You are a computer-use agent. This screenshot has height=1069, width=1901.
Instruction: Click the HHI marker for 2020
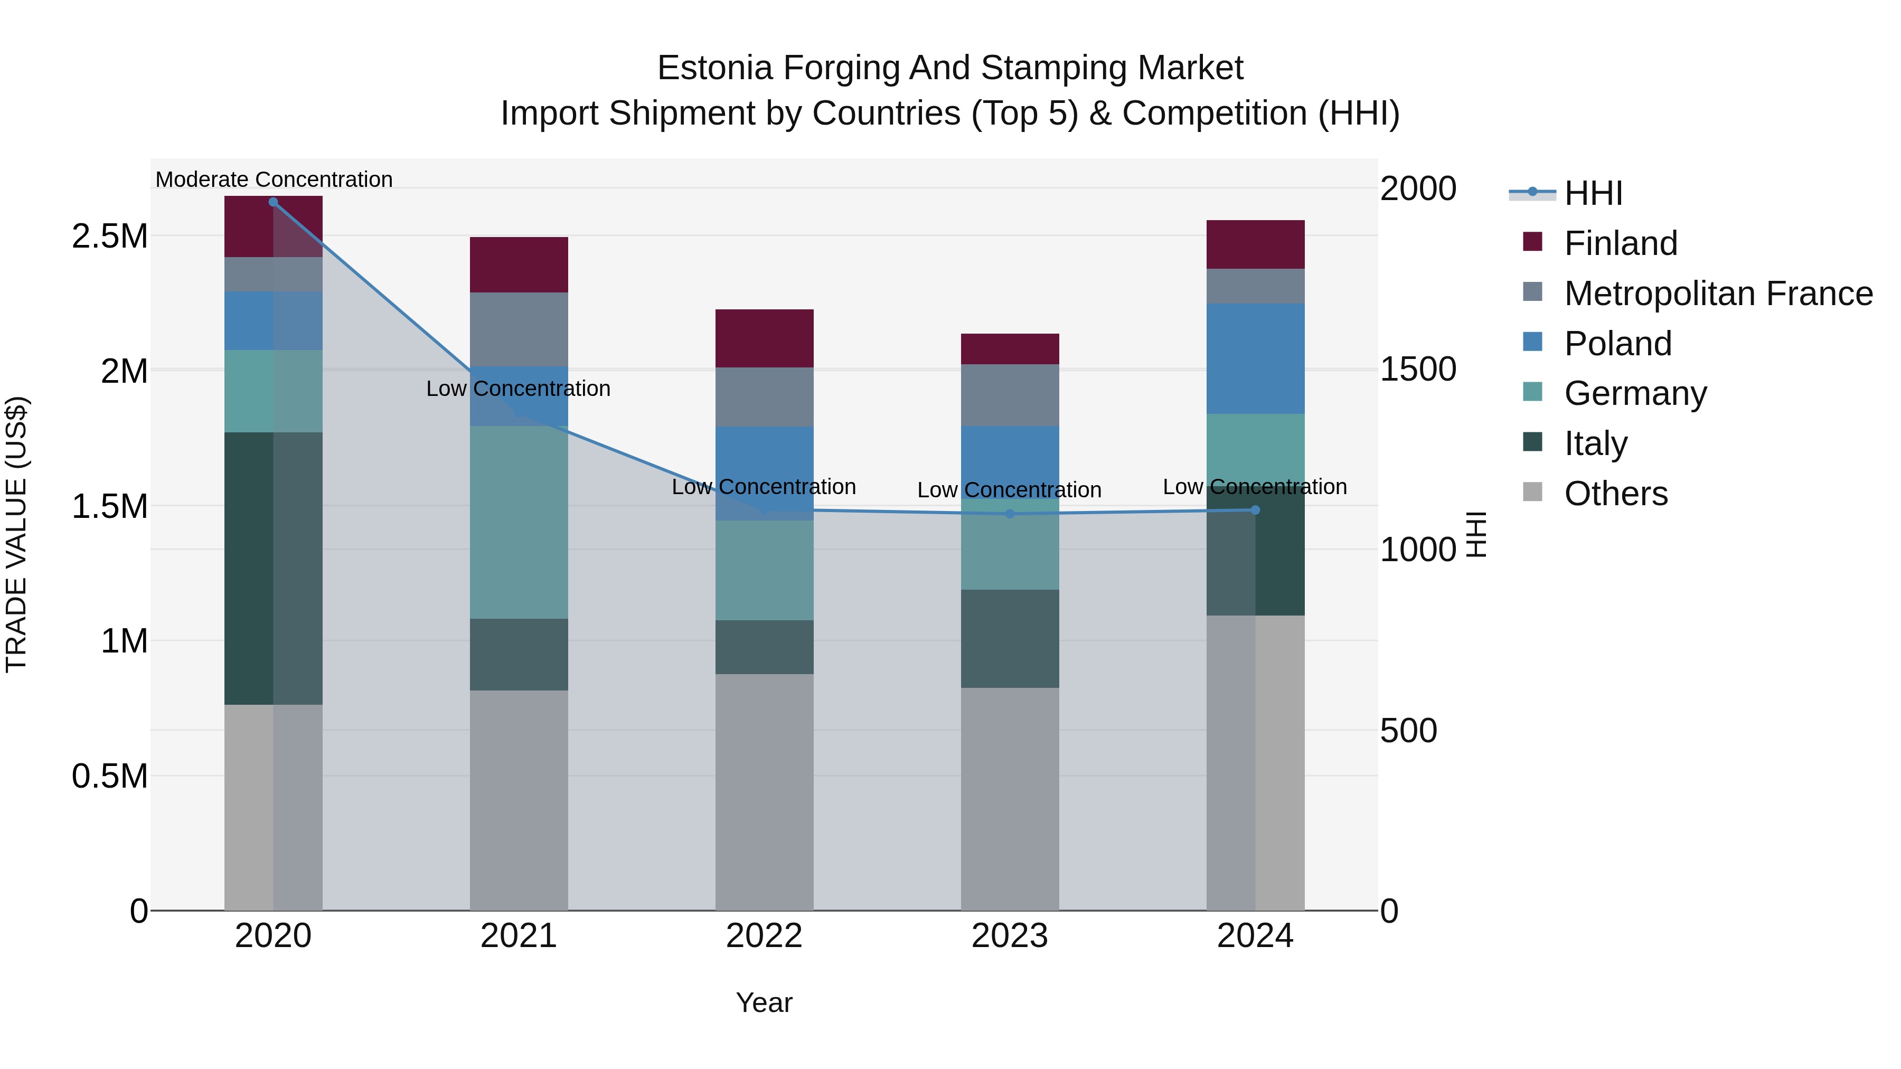[x=273, y=202]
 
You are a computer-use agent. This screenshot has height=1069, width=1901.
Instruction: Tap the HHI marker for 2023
[x=1010, y=514]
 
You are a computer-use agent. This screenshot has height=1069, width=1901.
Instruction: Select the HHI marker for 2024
[x=1255, y=510]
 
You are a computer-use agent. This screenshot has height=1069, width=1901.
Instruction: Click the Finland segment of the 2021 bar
[x=519, y=265]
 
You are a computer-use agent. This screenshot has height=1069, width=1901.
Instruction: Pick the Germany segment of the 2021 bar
[x=519, y=522]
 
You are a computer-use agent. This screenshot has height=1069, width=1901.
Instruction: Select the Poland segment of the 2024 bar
[x=1255, y=358]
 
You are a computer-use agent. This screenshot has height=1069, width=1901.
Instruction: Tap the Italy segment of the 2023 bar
[x=1010, y=639]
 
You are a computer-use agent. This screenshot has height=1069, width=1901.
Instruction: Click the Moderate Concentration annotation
[x=274, y=179]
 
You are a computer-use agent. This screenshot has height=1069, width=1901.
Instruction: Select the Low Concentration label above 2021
[x=518, y=389]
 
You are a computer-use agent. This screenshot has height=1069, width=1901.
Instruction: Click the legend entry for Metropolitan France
[x=1718, y=294]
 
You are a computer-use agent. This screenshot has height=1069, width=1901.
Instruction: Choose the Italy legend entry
[x=1595, y=443]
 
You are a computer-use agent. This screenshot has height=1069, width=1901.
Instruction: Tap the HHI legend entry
[x=1593, y=193]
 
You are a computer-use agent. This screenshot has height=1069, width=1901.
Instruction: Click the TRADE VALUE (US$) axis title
[x=16, y=534]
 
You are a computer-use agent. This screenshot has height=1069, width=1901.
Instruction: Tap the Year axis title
[x=764, y=1002]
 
